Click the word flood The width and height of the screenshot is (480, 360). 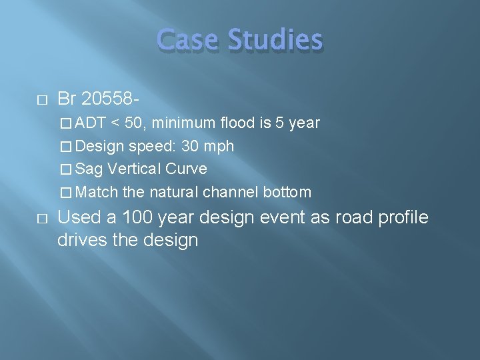pyautogui.click(x=237, y=123)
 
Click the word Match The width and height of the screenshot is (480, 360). pyautogui.click(x=97, y=192)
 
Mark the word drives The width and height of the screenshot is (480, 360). pyautogui.click(x=81, y=239)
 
